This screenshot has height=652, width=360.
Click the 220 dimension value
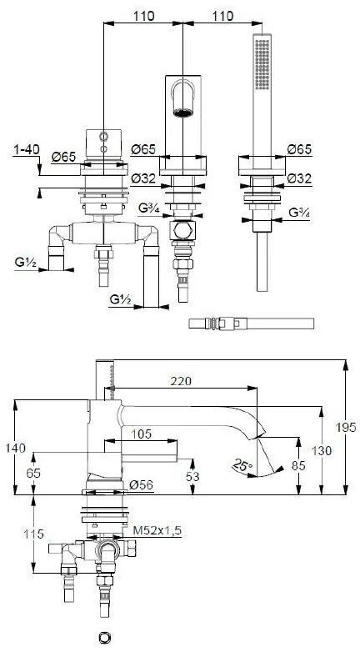click(180, 381)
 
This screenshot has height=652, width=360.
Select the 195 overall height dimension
click(350, 427)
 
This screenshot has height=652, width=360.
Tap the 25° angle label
click(242, 465)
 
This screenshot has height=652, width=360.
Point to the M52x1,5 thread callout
click(157, 530)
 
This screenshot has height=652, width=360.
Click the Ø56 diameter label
click(141, 484)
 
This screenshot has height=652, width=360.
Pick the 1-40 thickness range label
click(26, 149)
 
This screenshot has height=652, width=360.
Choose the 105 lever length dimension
click(142, 434)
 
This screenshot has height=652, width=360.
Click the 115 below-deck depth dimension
click(33, 534)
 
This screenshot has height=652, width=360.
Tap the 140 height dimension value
click(16, 448)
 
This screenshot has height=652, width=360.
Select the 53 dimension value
click(192, 477)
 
